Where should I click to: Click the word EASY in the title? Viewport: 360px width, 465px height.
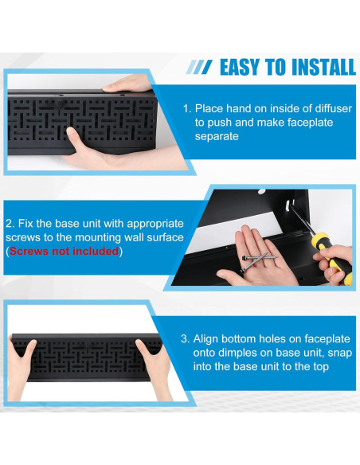[x=242, y=67]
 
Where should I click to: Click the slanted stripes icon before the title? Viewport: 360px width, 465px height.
[x=199, y=68]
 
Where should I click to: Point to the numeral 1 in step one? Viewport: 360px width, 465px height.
[x=185, y=107]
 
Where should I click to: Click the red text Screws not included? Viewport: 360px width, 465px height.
[x=64, y=251]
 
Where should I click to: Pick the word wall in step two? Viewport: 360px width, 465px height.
[x=117, y=236]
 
